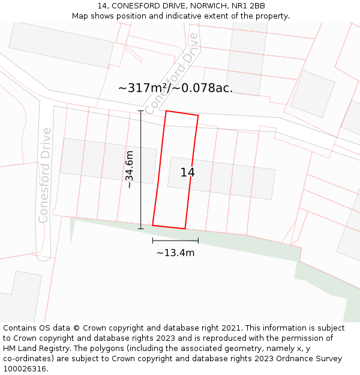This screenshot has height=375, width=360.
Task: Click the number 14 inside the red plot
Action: tap(187, 173)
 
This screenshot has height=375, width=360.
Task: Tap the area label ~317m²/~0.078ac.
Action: tap(175, 88)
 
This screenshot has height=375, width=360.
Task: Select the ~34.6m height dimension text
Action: tap(129, 170)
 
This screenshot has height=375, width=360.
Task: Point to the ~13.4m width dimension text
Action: tap(175, 253)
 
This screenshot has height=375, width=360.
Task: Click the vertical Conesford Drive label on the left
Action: tap(44, 175)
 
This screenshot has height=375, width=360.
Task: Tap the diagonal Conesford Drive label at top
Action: tap(172, 73)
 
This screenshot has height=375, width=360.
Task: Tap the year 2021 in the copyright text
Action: tap(230, 328)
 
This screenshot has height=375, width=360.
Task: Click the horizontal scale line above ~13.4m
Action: tap(175, 241)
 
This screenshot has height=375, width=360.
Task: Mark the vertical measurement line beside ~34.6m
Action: tap(141, 170)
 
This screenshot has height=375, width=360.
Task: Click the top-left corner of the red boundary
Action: tap(166, 111)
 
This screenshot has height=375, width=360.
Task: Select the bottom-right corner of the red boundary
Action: tap(185, 229)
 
